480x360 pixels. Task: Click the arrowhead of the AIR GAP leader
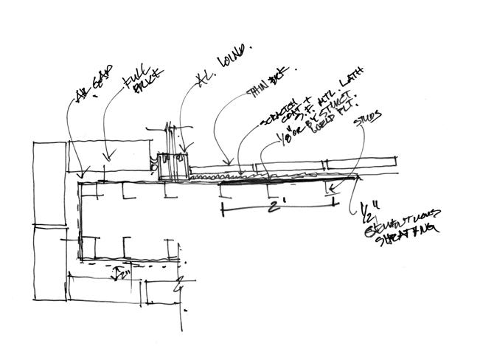coord(79,176)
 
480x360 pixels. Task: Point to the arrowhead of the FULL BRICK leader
coord(108,156)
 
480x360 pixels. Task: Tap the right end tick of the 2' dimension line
coord(334,199)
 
